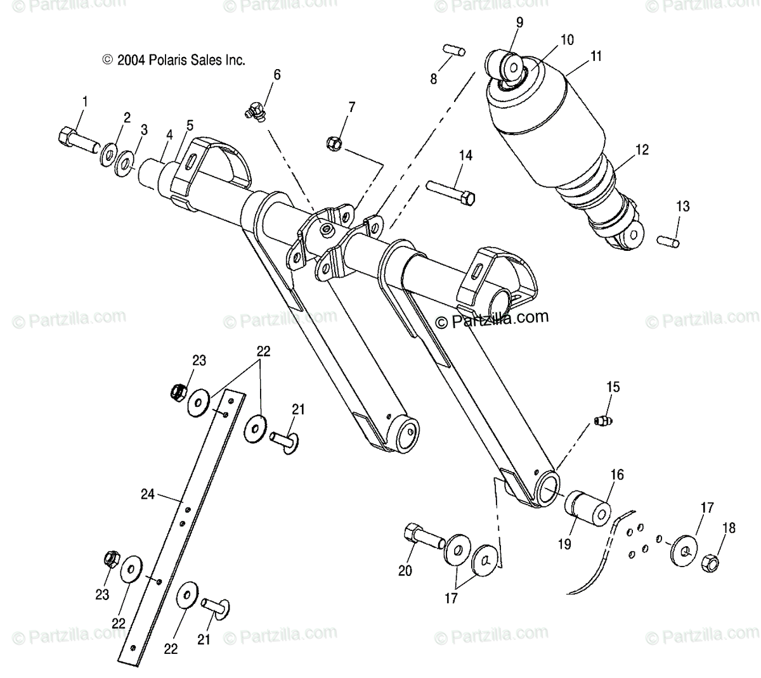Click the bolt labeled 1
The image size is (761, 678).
pyautogui.click(x=76, y=138)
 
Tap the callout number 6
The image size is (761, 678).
pyautogui.click(x=276, y=74)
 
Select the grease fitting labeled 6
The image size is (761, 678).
pyautogui.click(x=254, y=112)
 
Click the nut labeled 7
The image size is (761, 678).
pyautogui.click(x=335, y=143)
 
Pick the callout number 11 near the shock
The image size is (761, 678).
pyautogui.click(x=595, y=56)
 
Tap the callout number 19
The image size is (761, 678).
pyautogui.click(x=564, y=544)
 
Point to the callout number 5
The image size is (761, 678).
pyautogui.click(x=190, y=125)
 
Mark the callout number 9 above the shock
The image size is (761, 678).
pyautogui.click(x=519, y=23)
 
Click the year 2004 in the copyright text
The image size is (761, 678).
pyautogui.click(x=132, y=60)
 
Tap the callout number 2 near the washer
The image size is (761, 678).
pyautogui.click(x=127, y=117)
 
